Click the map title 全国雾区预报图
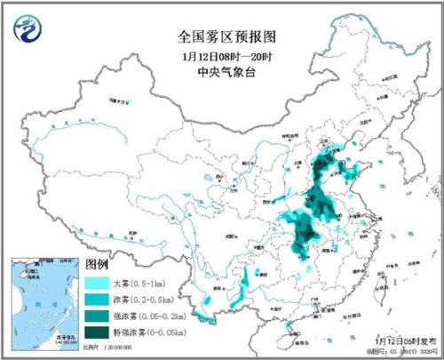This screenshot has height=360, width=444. tap(221, 38)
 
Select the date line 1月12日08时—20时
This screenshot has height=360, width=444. tap(221, 56)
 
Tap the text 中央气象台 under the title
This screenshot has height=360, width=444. tap(221, 72)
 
